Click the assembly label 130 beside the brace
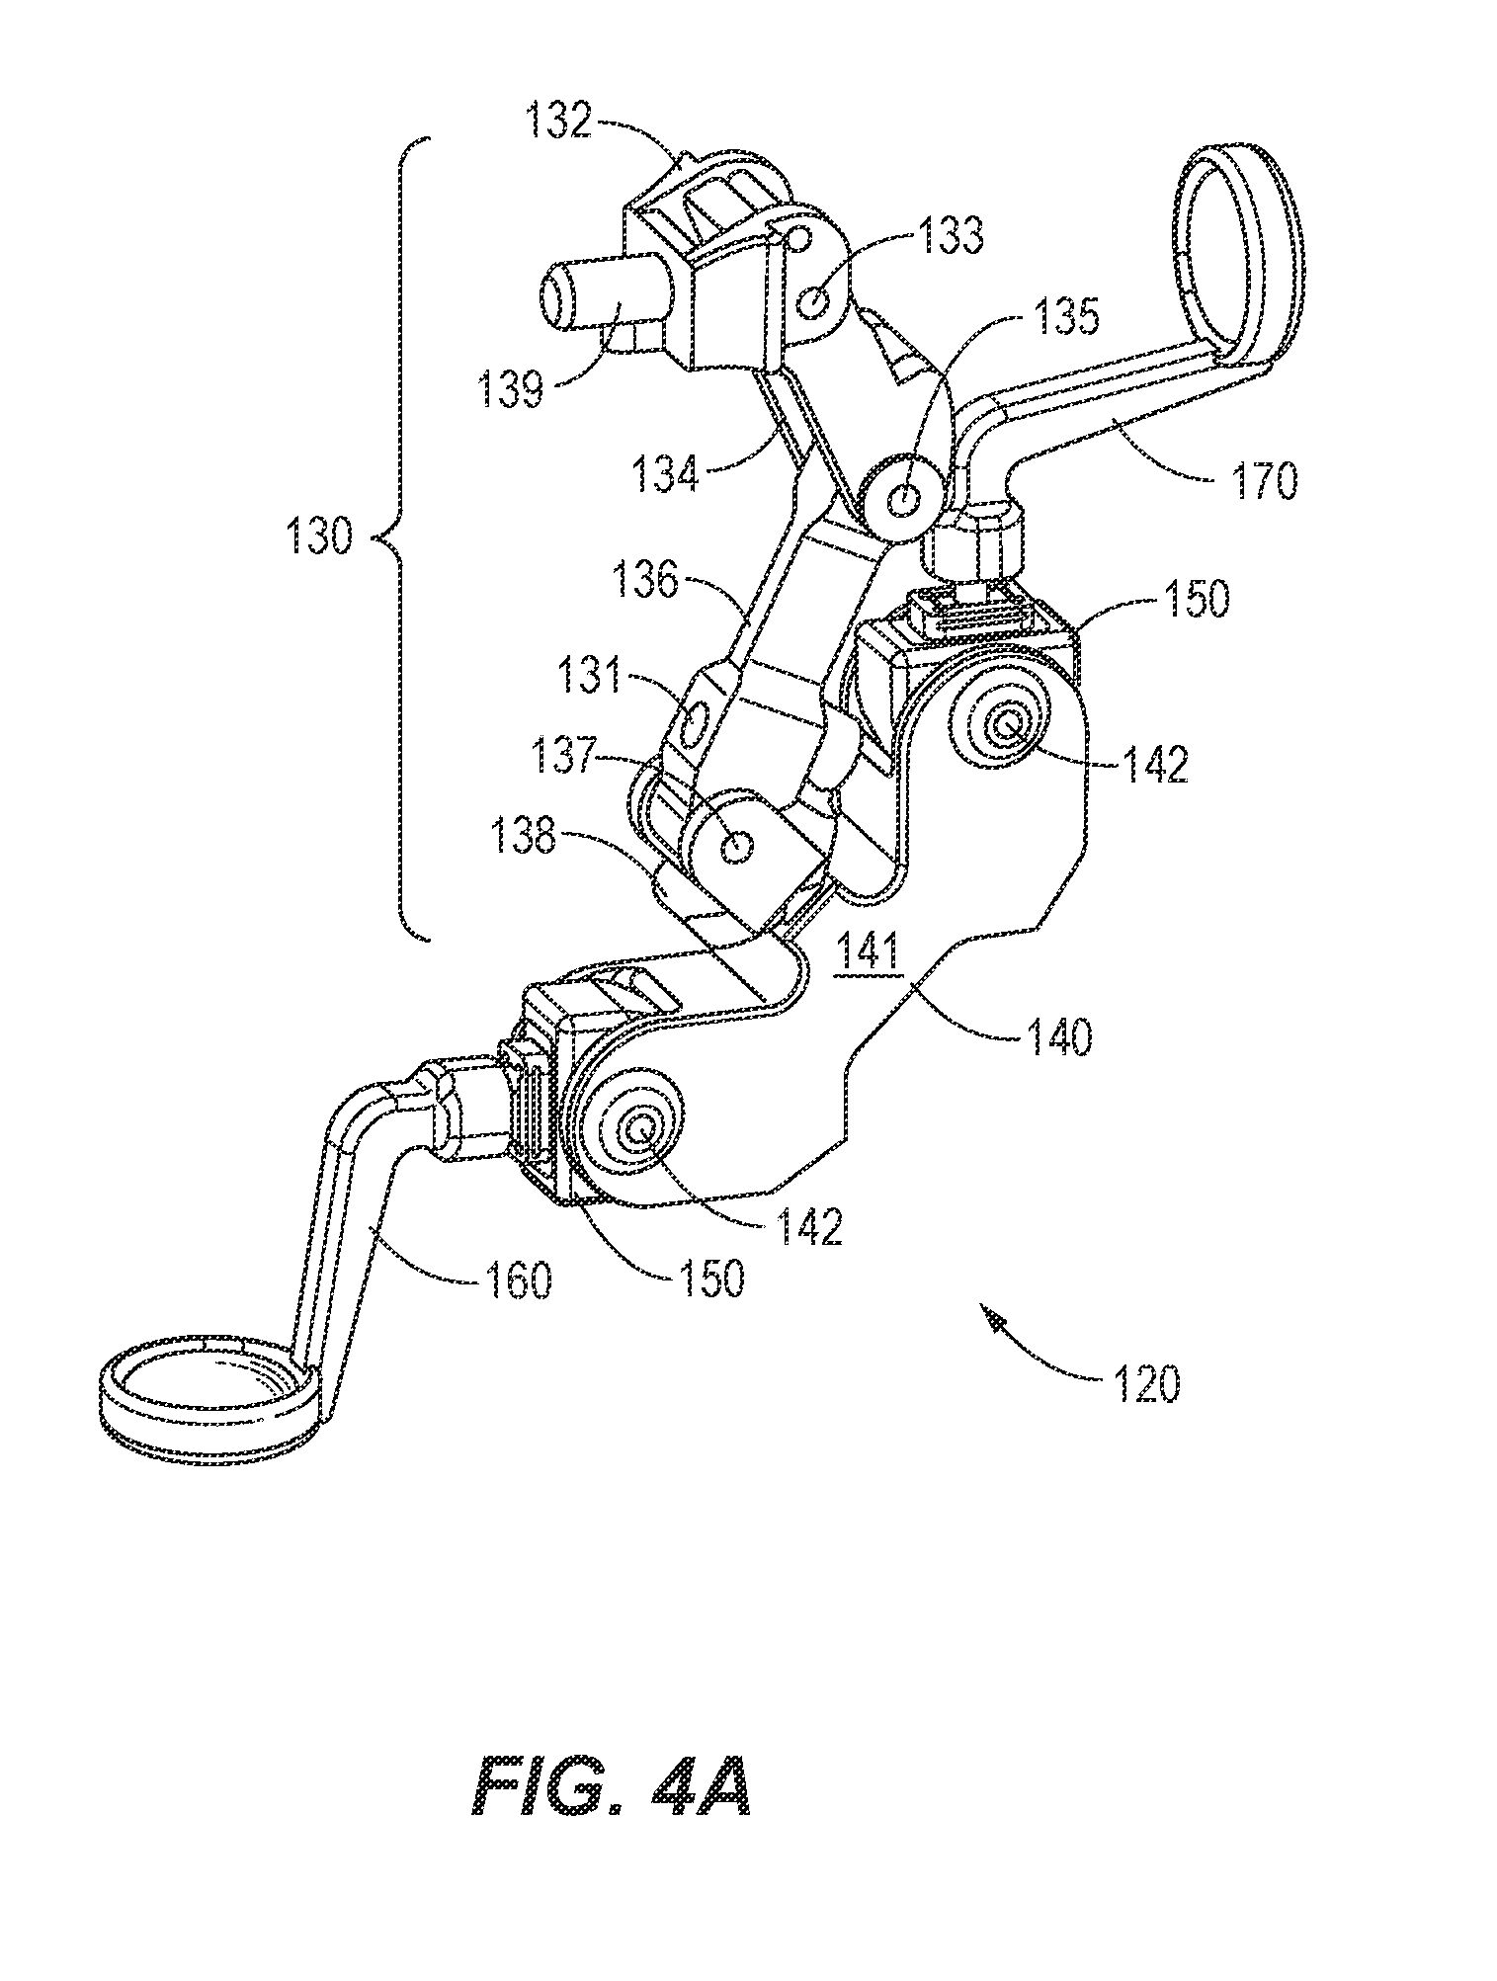[317, 540]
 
